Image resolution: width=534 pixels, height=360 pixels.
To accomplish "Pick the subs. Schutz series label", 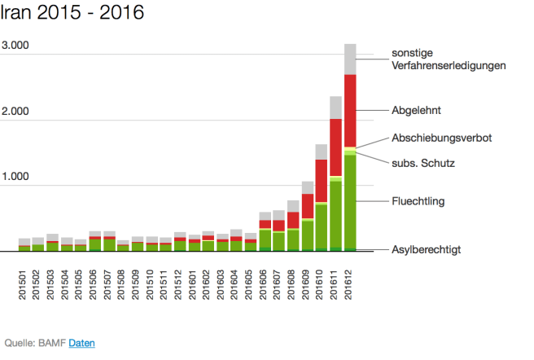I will point(422,163).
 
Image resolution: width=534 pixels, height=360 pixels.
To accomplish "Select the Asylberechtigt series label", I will point(427,249).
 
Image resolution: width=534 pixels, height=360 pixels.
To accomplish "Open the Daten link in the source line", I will point(81,343).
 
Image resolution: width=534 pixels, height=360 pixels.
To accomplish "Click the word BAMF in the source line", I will point(52,343).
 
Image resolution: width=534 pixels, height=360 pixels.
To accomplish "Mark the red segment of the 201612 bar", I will point(351,110).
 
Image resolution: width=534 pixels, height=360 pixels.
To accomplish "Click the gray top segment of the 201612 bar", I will point(351,59).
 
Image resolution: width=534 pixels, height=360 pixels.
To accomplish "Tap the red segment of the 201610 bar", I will point(321,179).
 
